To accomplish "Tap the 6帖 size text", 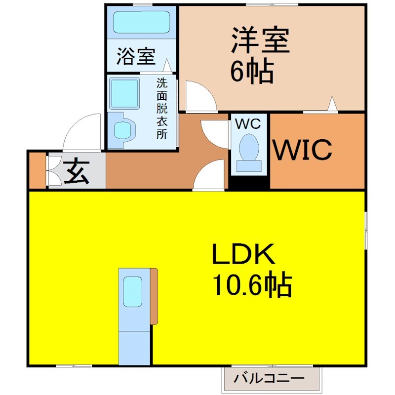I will pos(252,72).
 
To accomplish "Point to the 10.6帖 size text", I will pos(252,285).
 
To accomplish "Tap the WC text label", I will pos(249,124).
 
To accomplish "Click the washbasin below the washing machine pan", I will pos(123,130).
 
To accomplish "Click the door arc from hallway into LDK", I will pos(210,175).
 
